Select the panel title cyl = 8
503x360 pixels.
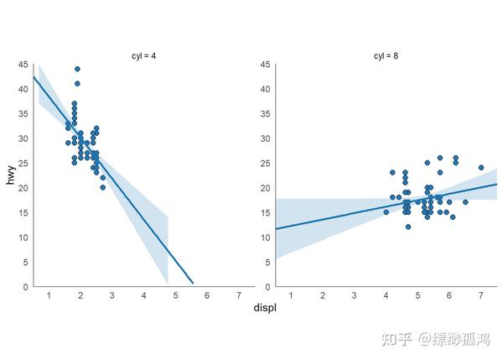386,56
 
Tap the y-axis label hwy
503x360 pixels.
12,175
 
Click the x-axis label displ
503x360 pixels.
265,308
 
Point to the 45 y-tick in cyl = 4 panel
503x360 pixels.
23,65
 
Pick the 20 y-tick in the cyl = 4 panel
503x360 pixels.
23,188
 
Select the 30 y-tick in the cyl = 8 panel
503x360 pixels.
265,138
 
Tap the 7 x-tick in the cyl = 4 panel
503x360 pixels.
239,295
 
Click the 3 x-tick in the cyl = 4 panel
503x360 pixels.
111,295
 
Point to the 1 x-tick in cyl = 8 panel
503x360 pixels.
290,295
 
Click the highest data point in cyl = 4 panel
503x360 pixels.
77,69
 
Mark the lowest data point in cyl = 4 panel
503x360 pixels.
103,187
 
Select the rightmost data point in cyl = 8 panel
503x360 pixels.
481,168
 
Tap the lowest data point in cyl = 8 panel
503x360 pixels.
408,227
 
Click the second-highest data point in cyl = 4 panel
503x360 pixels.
77,84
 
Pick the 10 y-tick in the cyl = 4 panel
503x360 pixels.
23,237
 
